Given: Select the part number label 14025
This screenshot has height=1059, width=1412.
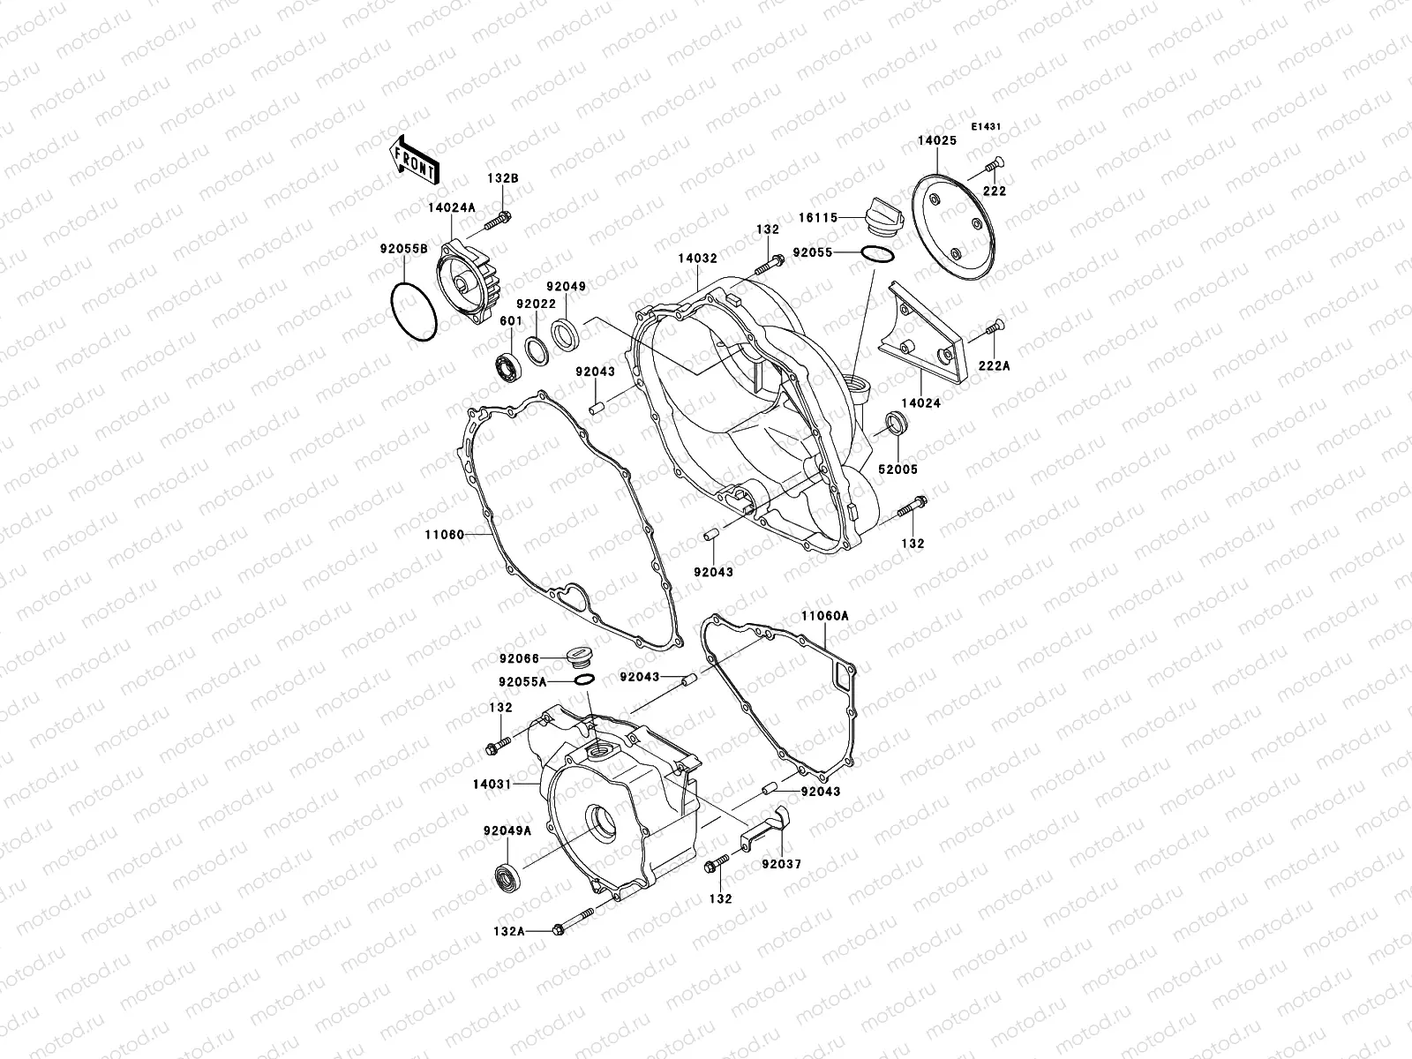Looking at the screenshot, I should pos(936,140).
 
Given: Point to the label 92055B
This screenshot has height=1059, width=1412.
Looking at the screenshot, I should pos(405,249).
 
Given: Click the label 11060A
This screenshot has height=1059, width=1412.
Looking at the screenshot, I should pos(824,615).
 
